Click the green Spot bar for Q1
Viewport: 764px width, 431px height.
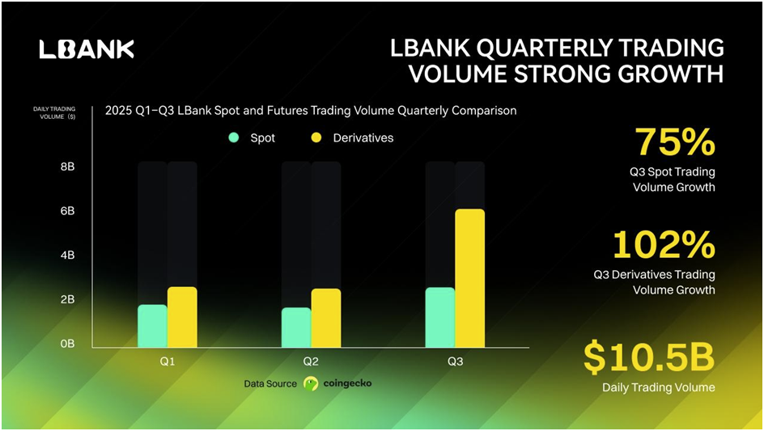point(152,326)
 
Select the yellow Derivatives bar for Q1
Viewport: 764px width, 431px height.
point(182,317)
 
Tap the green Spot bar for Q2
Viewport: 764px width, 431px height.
point(296,327)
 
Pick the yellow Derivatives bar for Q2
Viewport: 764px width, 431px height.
point(326,318)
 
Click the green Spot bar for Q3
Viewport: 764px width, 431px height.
point(440,318)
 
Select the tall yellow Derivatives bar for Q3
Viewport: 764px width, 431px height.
point(469,278)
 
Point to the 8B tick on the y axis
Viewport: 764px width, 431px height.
point(68,167)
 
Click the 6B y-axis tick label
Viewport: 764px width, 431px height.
point(68,211)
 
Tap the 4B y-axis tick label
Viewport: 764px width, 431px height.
point(68,256)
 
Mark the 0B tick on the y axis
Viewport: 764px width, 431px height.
point(68,344)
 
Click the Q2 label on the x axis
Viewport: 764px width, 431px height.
point(311,361)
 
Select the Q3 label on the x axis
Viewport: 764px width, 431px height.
point(456,361)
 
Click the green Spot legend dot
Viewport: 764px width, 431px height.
point(234,137)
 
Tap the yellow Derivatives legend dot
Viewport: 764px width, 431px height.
point(316,137)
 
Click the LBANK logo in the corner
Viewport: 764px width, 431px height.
point(87,49)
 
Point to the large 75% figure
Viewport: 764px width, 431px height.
point(675,142)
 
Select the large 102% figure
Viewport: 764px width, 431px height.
point(664,245)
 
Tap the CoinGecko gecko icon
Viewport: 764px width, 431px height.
point(311,384)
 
